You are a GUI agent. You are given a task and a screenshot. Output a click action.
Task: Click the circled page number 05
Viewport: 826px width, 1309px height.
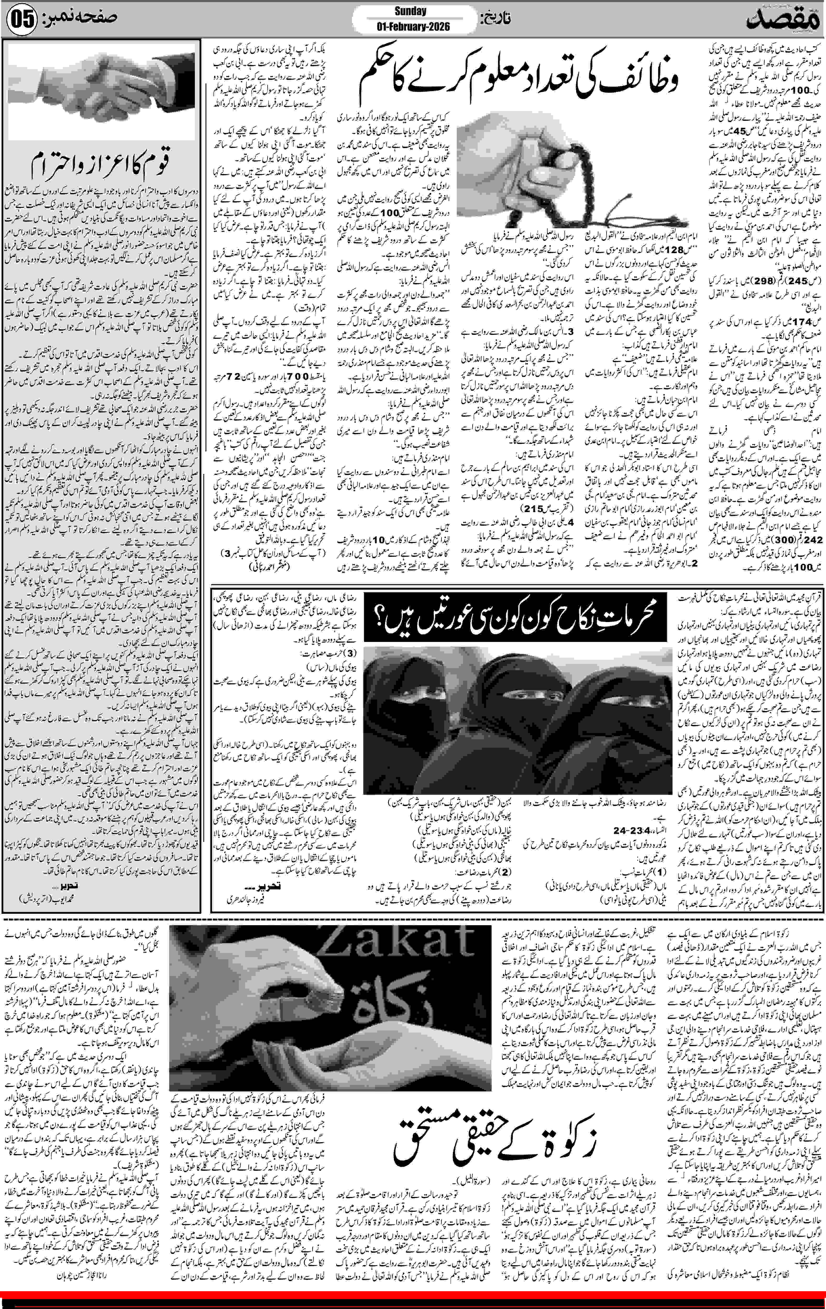22,20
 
